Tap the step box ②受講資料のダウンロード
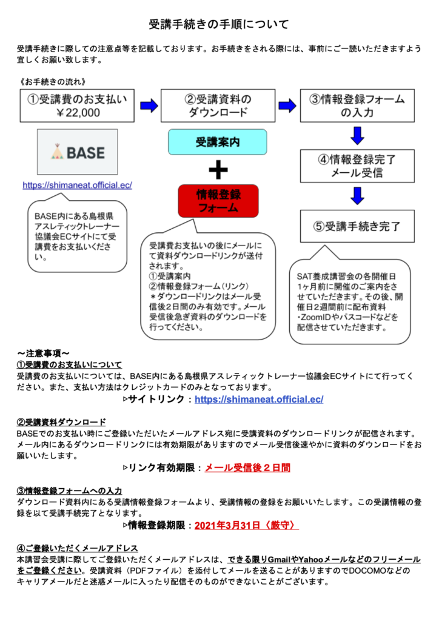coord(218,106)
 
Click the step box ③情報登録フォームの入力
coord(357,106)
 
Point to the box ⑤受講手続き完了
coord(357,226)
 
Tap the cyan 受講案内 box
coord(218,142)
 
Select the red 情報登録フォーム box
coord(218,201)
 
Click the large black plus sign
coord(218,169)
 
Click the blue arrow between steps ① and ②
coord(148,106)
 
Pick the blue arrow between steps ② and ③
coord(287,106)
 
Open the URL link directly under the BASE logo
coord(77,185)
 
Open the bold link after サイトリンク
coord(259,399)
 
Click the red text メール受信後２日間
coord(247,468)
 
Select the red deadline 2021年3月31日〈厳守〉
coord(246,525)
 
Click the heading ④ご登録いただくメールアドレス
coord(77,548)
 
